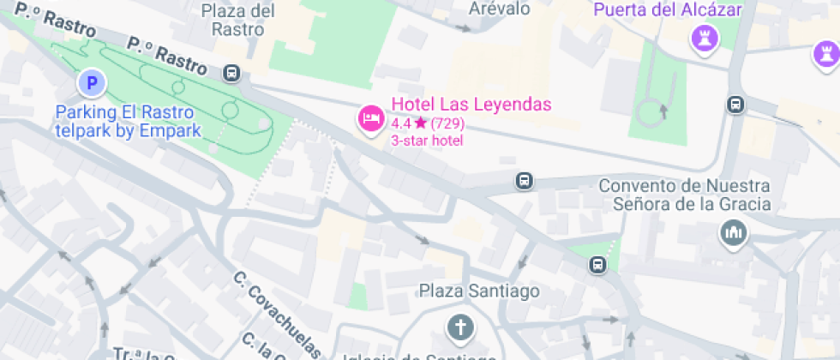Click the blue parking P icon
(x=91, y=83)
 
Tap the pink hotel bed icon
(x=370, y=118)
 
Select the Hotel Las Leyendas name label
(x=471, y=105)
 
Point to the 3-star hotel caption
(x=427, y=141)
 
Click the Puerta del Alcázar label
(x=668, y=10)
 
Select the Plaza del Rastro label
(x=237, y=19)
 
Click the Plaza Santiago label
(x=479, y=291)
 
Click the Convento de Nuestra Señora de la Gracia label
(x=684, y=195)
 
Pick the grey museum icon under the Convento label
(x=733, y=232)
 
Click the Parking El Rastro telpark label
(x=127, y=122)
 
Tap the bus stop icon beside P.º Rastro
(x=232, y=72)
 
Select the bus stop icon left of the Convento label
(x=524, y=181)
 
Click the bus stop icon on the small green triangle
(x=597, y=266)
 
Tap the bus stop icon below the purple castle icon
(x=735, y=105)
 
